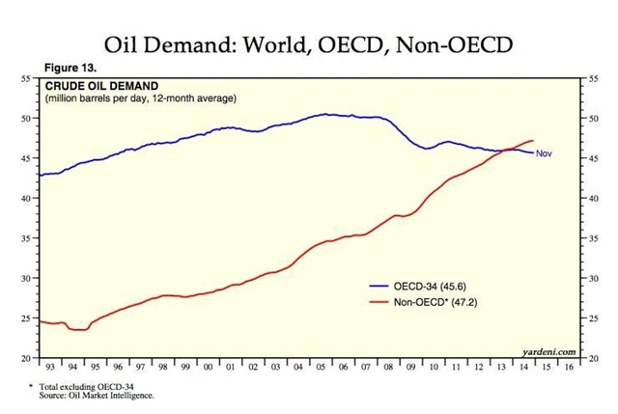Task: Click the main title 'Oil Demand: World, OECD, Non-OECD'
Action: tap(308, 44)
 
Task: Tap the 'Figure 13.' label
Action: tap(72, 69)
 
